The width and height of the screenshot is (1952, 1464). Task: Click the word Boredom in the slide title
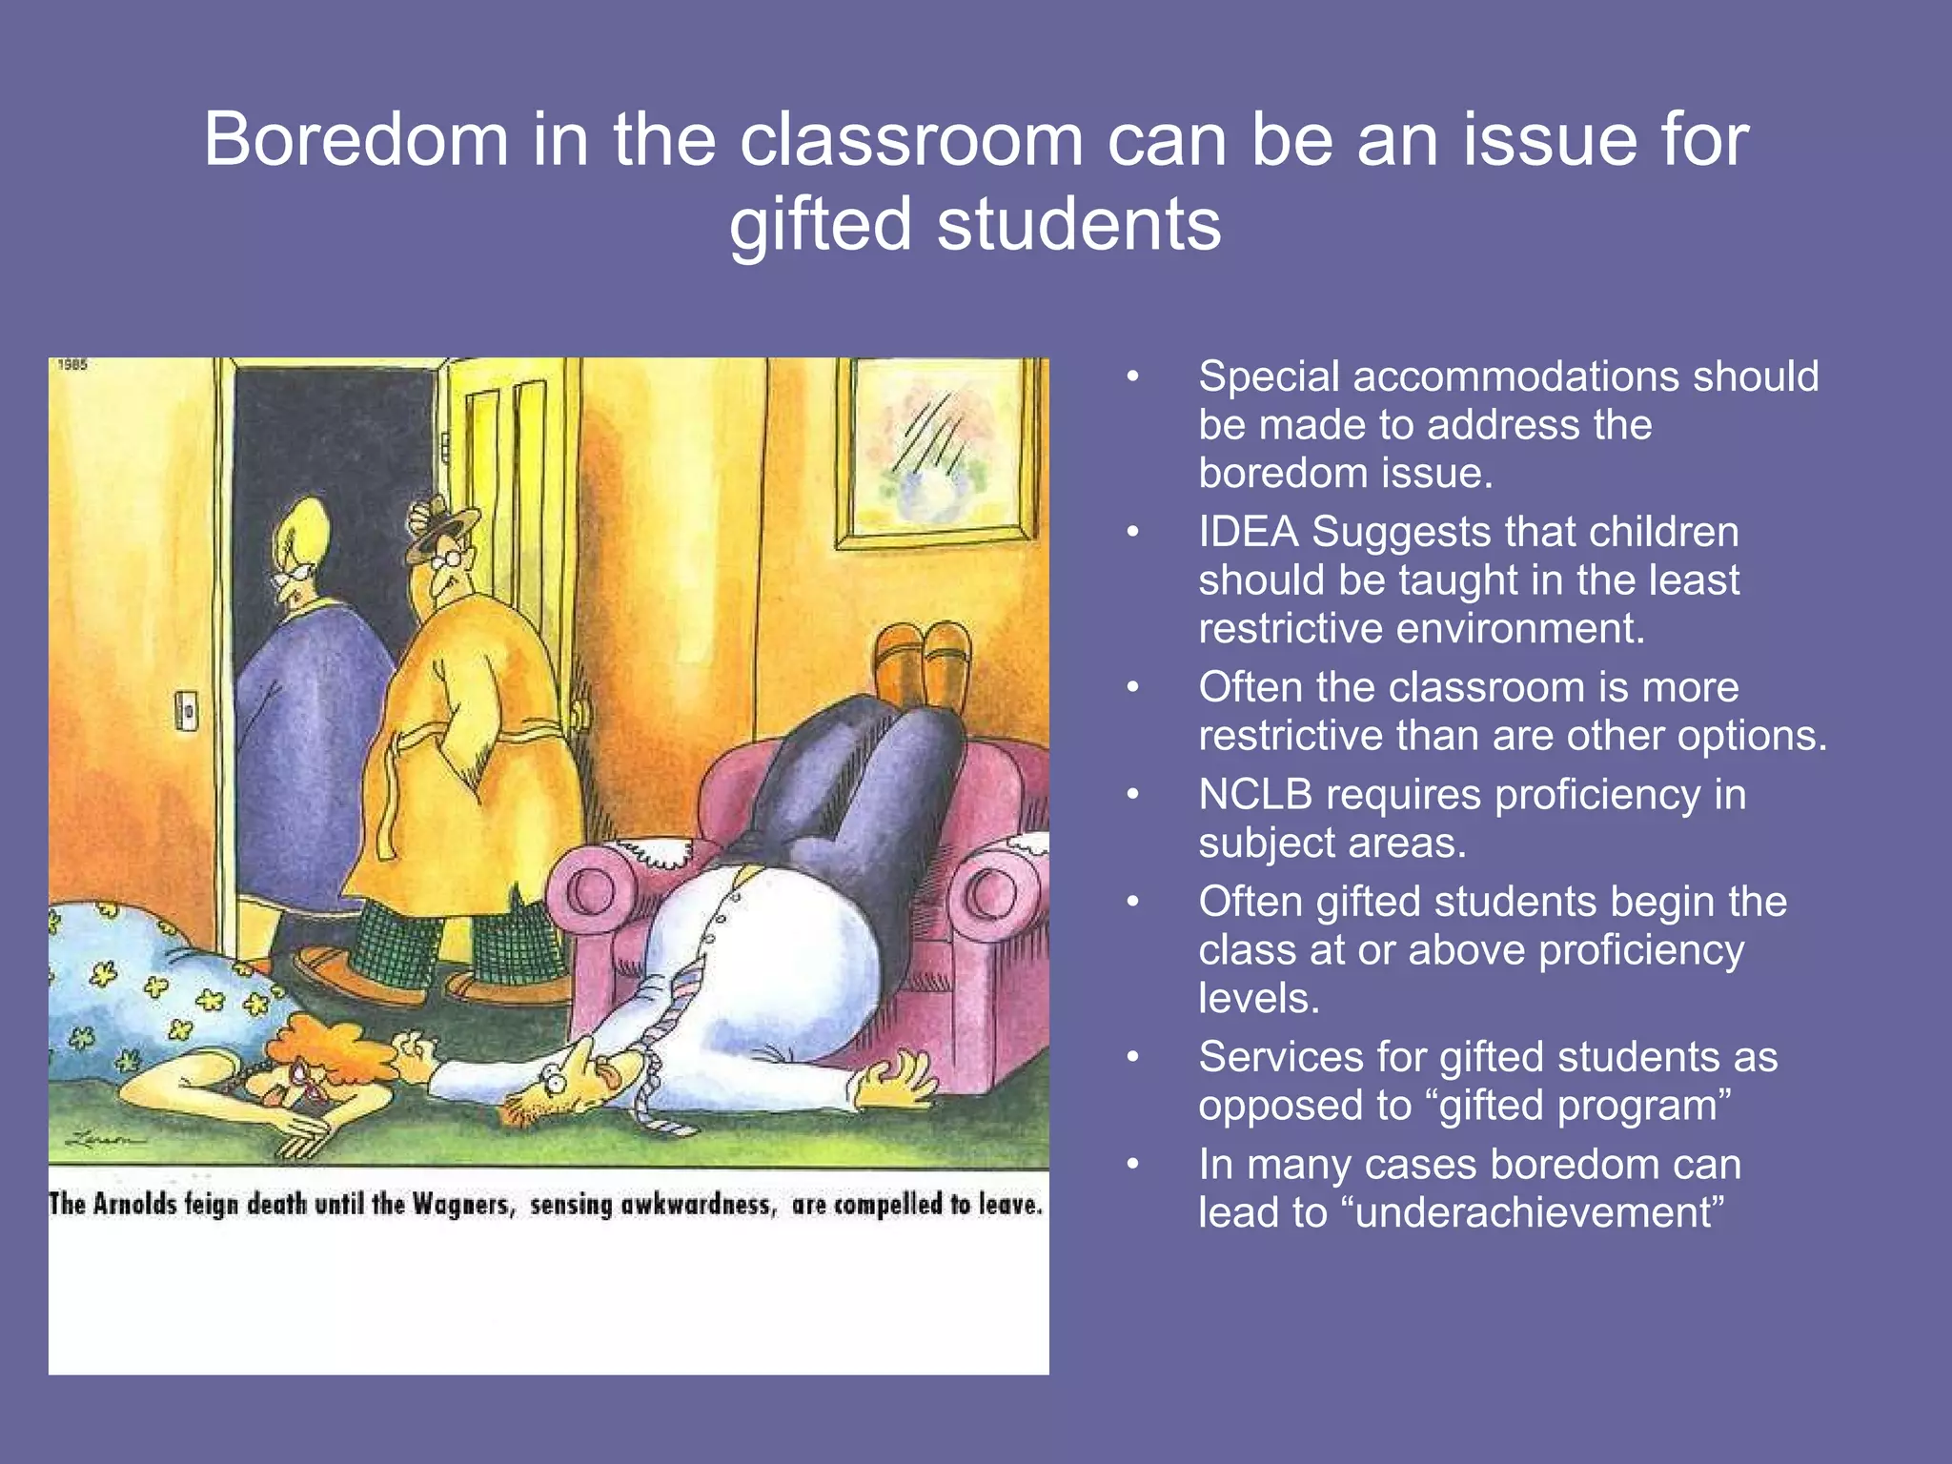click(356, 140)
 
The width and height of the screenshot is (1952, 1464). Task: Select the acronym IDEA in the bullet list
click(1248, 532)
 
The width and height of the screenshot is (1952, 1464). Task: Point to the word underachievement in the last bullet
click(1538, 1212)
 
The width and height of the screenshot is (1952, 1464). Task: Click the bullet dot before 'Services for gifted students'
click(1132, 1057)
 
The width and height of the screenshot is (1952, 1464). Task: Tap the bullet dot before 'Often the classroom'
click(1132, 687)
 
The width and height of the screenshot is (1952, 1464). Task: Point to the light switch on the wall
click(187, 711)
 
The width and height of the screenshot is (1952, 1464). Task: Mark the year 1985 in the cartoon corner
click(72, 365)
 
